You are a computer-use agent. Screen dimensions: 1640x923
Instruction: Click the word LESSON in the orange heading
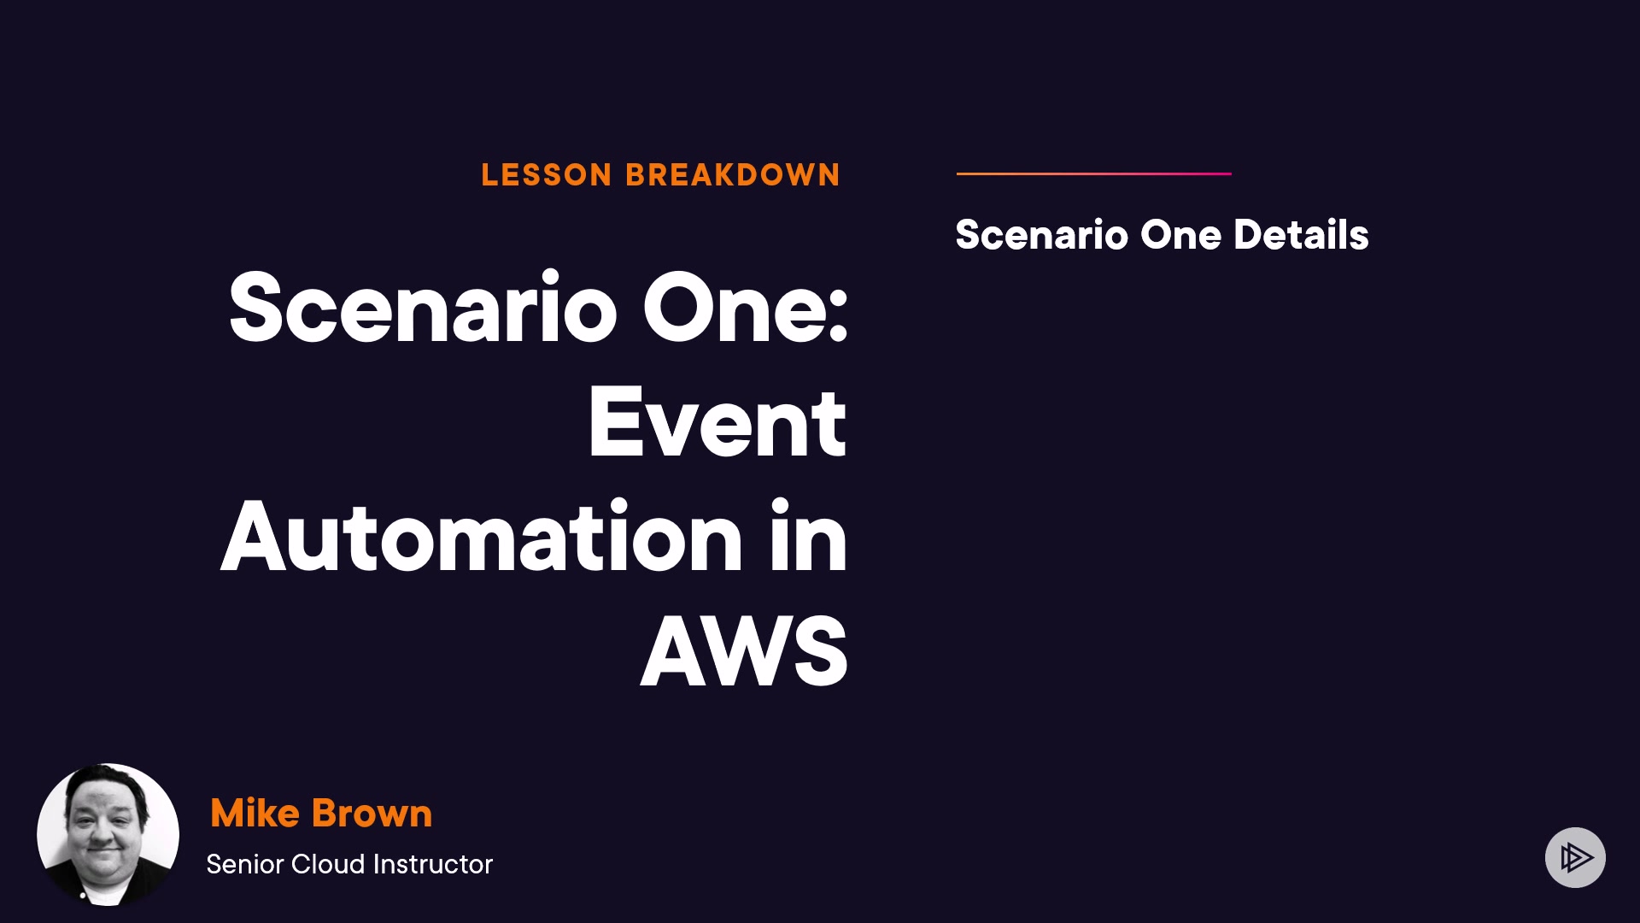547,175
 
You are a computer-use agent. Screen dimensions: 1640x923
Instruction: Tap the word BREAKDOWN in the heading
733,175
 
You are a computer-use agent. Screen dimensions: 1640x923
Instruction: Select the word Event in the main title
717,423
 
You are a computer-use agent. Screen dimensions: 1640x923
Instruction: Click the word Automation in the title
482,537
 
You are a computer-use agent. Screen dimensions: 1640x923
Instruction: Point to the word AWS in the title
744,652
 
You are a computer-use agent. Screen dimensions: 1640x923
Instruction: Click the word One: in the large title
745,308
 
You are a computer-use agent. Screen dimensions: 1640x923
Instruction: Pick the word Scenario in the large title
423,308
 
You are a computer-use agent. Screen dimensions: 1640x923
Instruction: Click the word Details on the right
1301,235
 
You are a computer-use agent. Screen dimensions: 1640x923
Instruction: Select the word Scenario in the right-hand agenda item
1042,235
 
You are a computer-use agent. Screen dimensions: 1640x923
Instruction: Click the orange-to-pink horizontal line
1094,173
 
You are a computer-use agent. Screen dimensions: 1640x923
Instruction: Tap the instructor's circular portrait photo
108,834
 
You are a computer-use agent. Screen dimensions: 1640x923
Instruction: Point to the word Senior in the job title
245,864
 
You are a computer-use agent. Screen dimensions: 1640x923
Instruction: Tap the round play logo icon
1575,857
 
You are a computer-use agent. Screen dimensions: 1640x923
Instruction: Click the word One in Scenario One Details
1181,235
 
